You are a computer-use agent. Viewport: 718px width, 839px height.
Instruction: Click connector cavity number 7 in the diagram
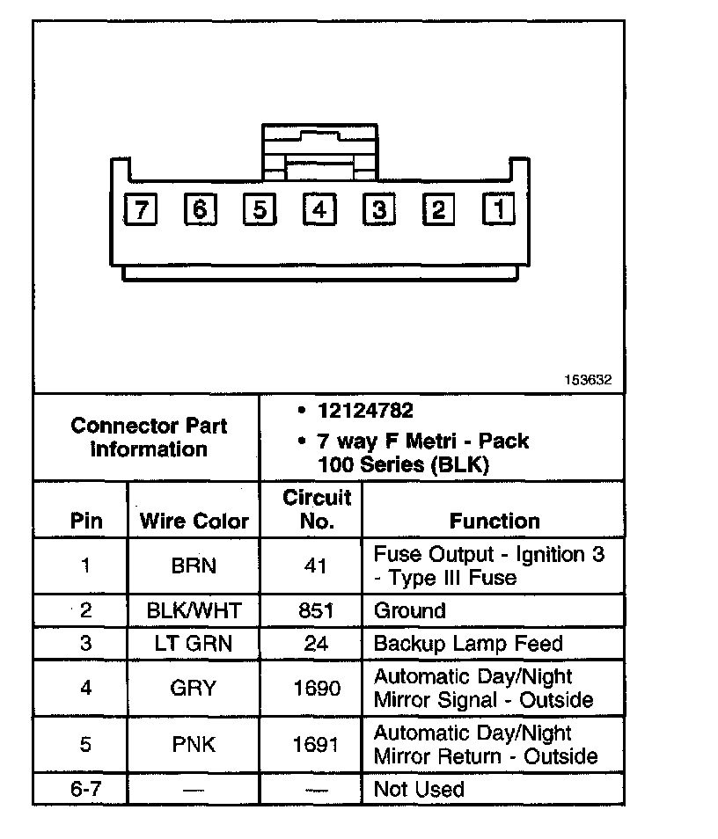point(139,210)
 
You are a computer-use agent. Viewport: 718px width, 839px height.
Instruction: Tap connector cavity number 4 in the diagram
point(319,210)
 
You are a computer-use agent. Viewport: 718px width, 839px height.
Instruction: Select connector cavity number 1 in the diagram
point(498,210)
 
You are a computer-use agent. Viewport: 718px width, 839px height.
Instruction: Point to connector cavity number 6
point(199,210)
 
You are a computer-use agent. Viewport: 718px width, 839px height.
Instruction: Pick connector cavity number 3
point(378,210)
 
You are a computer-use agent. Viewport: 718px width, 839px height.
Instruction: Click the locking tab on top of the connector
point(319,144)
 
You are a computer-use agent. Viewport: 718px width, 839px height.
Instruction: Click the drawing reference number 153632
point(588,380)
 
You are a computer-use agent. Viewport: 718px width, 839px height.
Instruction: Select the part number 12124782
point(366,411)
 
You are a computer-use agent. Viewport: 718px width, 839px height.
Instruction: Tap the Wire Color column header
point(194,521)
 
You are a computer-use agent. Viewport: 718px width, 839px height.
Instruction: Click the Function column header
point(495,521)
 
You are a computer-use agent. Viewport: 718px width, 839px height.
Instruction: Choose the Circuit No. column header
point(317,509)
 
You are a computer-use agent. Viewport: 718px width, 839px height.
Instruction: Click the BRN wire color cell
point(194,565)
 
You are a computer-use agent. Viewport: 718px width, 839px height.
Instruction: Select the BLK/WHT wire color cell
point(194,610)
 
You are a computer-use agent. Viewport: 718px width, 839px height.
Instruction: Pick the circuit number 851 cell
point(316,610)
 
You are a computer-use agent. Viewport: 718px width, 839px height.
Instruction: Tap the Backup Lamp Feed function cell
point(468,643)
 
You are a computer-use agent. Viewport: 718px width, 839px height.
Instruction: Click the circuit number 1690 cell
point(316,688)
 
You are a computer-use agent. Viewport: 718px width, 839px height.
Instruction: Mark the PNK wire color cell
point(194,744)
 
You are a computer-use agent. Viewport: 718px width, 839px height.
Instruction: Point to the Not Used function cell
point(419,789)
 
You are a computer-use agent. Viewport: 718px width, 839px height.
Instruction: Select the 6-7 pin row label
point(85,789)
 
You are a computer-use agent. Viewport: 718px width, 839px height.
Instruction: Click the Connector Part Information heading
point(148,437)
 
